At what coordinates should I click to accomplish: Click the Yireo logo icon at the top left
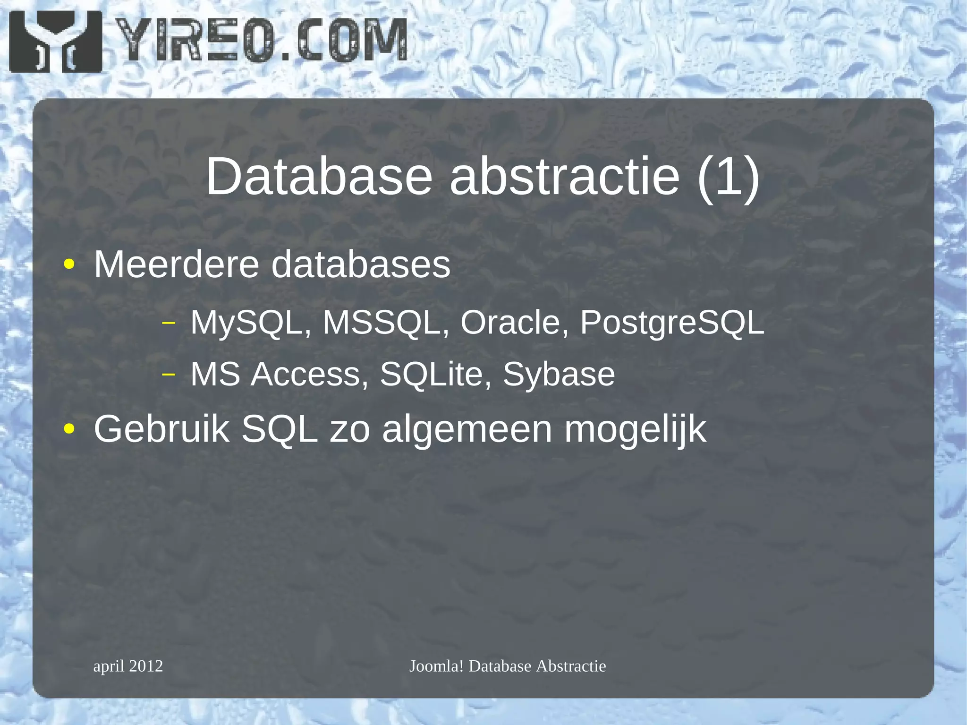pyautogui.click(x=55, y=42)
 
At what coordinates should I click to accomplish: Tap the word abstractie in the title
pyautogui.click(x=565, y=176)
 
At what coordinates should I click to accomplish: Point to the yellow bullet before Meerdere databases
pyautogui.click(x=69, y=264)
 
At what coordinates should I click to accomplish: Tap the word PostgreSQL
pyautogui.click(x=672, y=323)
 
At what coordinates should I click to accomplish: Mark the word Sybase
pyautogui.click(x=559, y=375)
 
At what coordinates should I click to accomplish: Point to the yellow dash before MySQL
pyautogui.click(x=169, y=324)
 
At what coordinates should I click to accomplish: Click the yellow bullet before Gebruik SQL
pyautogui.click(x=69, y=429)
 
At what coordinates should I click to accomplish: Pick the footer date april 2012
pyautogui.click(x=128, y=666)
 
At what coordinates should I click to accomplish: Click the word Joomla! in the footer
pyautogui.click(x=437, y=666)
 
